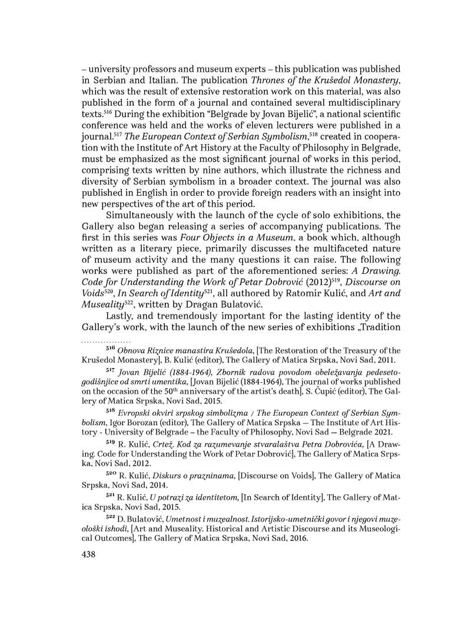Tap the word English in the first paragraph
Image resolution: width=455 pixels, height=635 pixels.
pyautogui.click(x=145, y=192)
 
